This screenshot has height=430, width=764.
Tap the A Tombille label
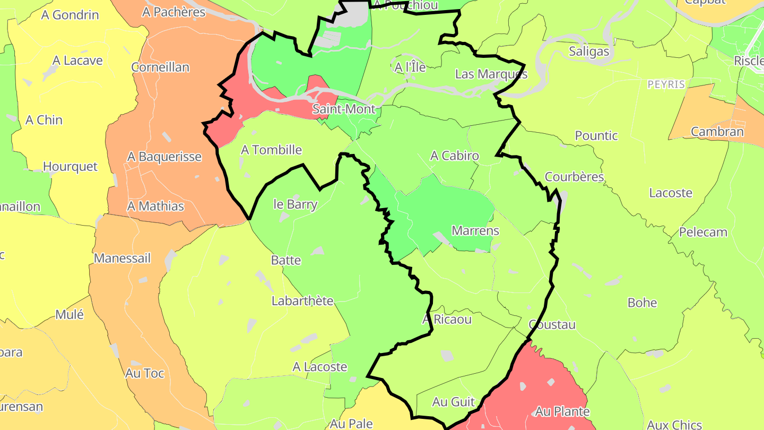271,150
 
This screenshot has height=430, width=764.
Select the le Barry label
295,204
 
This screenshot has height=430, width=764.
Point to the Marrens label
475,231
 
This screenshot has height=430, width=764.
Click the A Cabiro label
454,156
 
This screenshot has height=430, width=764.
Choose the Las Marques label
491,74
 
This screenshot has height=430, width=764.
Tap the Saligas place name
589,51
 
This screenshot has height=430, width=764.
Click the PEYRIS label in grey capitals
666,84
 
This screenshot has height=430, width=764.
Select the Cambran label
717,132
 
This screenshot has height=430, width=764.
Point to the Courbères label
574,177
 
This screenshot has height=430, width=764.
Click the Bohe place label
642,303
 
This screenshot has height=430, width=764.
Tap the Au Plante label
562,411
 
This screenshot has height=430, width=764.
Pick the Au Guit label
453,402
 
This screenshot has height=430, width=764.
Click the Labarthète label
302,301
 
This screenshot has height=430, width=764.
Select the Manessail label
122,259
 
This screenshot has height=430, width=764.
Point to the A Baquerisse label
164,157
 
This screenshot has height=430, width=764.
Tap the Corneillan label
160,67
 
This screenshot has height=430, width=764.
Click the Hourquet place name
70,167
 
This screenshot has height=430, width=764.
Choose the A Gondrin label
70,15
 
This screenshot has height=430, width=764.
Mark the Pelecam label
703,232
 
